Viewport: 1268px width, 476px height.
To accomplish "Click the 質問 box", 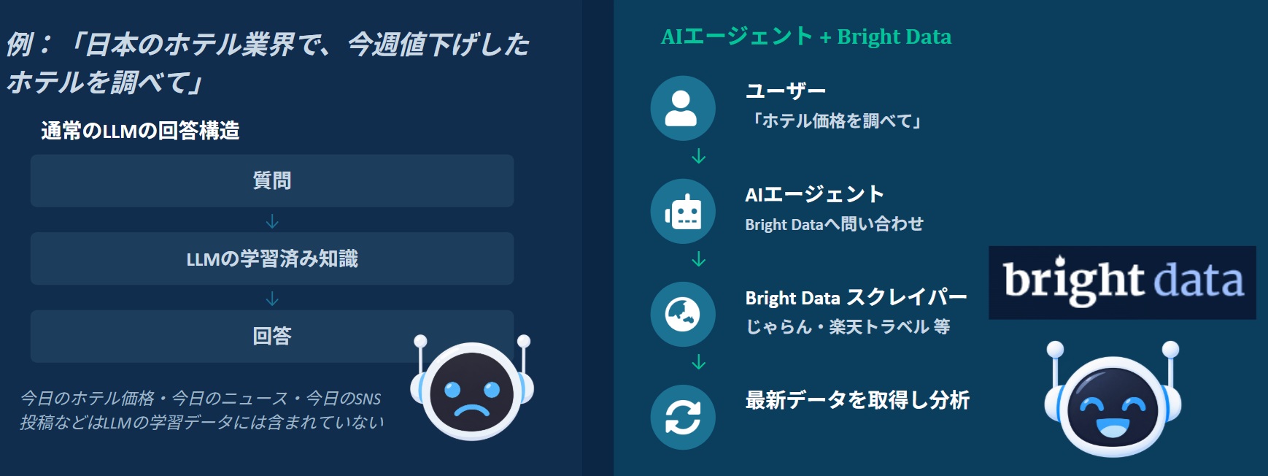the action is (x=272, y=180).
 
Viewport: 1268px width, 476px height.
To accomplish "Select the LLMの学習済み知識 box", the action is (x=272, y=258).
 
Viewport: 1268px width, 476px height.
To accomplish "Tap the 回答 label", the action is (x=272, y=336).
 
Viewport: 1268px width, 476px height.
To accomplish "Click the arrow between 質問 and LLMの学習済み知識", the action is (x=272, y=220).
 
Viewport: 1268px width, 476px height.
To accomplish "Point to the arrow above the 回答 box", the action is (x=272, y=298).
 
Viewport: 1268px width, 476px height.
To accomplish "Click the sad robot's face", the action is (x=472, y=393).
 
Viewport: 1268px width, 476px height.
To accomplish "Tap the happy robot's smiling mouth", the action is (x=1113, y=427).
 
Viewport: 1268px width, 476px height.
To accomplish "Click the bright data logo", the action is (x=1122, y=283).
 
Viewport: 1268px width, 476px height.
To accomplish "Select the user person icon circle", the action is (x=683, y=108).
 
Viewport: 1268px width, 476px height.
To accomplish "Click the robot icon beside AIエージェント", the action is (x=683, y=211).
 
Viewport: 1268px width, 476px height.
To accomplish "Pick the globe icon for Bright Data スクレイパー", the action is (x=683, y=314).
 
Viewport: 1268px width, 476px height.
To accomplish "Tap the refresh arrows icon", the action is (x=683, y=417).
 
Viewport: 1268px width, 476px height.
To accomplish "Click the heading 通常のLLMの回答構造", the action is (x=140, y=131).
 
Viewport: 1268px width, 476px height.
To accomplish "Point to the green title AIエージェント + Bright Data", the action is (x=806, y=36).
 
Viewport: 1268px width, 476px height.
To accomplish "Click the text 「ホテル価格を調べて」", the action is (x=836, y=120).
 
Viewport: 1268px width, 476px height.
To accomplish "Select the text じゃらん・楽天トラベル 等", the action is (x=848, y=326).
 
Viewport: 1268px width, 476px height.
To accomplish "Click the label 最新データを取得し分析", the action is (x=857, y=400).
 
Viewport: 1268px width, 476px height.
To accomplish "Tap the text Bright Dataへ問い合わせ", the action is (x=835, y=224).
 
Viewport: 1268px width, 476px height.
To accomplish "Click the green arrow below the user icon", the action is (x=698, y=156).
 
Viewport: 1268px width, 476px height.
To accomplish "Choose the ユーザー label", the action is (x=786, y=91).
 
